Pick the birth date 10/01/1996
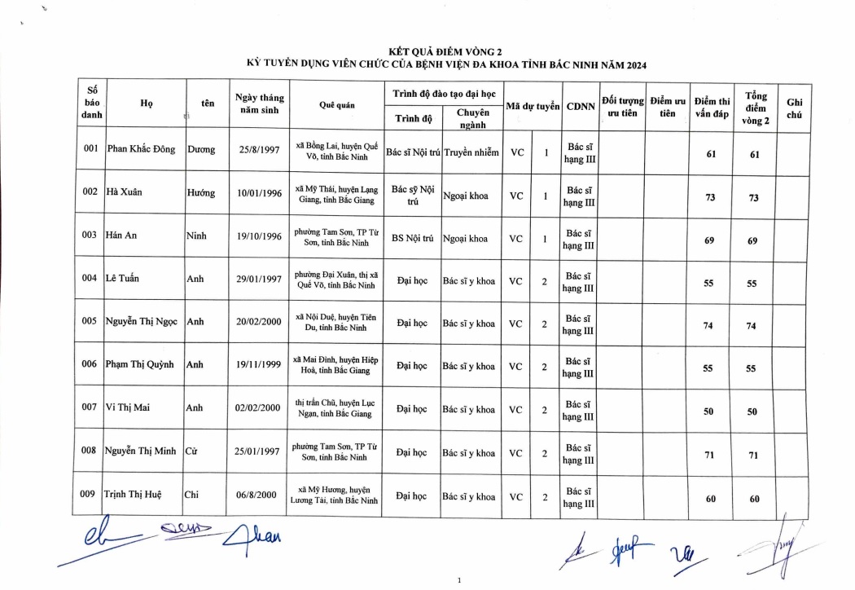[259, 193]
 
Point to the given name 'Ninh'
[196, 236]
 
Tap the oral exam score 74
[708, 326]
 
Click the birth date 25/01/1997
[259, 452]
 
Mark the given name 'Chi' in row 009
[192, 495]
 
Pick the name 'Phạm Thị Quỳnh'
[140, 365]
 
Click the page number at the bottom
[460, 580]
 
